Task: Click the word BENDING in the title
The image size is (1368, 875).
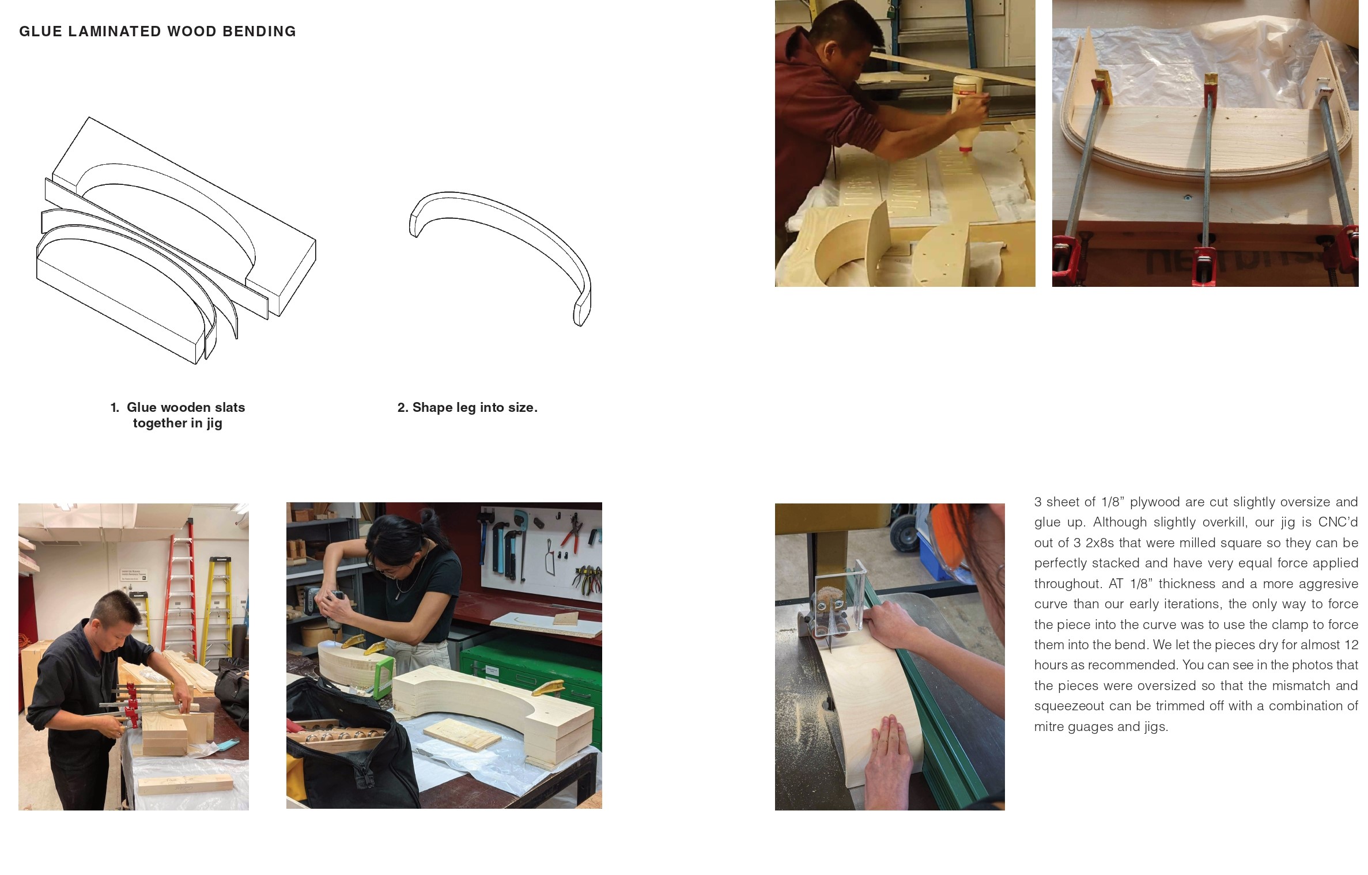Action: (x=259, y=31)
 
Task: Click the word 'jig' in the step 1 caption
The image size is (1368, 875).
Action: (x=214, y=423)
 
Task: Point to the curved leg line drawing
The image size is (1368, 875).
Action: (x=500, y=257)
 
